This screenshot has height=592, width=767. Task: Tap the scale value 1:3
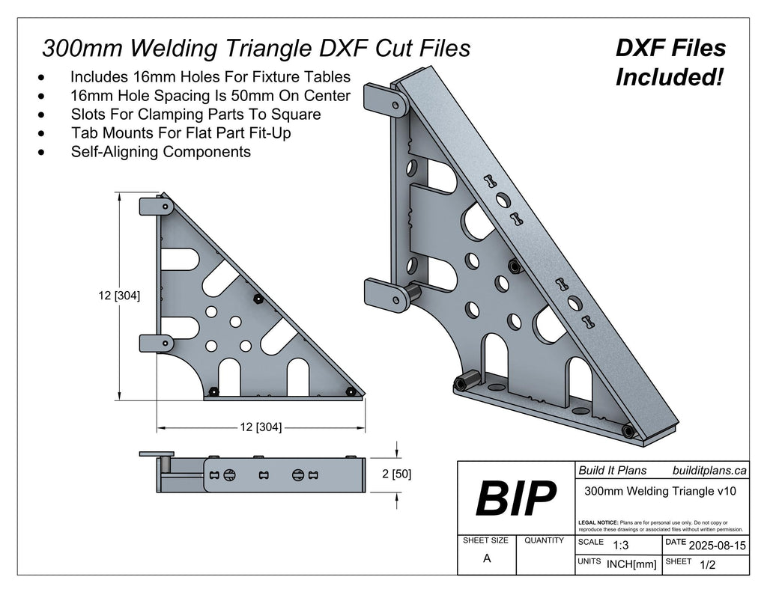(620, 546)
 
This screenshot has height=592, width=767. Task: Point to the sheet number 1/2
(706, 566)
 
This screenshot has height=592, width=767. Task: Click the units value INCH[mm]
(631, 565)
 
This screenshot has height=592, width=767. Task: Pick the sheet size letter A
(487, 558)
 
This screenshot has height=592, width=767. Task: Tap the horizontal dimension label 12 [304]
(260, 427)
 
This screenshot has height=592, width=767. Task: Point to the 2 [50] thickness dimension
(396, 474)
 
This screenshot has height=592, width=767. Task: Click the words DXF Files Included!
(670, 62)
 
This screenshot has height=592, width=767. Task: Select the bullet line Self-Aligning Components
(160, 152)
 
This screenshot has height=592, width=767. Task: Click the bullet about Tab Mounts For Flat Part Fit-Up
(181, 133)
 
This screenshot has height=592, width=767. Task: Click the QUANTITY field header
(545, 540)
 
